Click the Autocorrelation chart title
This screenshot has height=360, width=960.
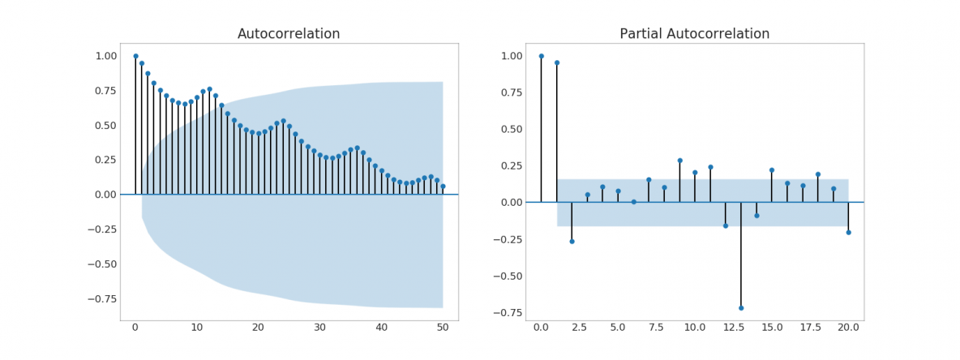pyautogui.click(x=289, y=34)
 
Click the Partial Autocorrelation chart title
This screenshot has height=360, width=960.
pyautogui.click(x=694, y=34)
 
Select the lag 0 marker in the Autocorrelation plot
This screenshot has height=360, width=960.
pyautogui.click(x=135, y=56)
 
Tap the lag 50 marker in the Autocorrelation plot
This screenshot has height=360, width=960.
pyautogui.click(x=443, y=186)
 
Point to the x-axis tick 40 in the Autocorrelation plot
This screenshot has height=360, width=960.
pyautogui.click(x=381, y=328)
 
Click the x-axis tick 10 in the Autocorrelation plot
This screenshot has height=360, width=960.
pyautogui.click(x=197, y=328)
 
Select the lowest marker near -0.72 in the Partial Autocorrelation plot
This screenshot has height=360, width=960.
pyautogui.click(x=740, y=308)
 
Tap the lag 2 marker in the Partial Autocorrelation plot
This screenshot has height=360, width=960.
pyautogui.click(x=572, y=242)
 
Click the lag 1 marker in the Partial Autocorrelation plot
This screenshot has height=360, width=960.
pyautogui.click(x=556, y=62)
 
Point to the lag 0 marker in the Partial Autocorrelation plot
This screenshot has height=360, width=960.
pyautogui.click(x=541, y=56)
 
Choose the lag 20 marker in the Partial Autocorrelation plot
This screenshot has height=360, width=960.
pyautogui.click(x=848, y=233)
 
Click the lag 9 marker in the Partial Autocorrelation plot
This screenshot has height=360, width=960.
pyautogui.click(x=679, y=161)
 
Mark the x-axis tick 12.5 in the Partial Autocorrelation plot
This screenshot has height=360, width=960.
pyautogui.click(x=733, y=328)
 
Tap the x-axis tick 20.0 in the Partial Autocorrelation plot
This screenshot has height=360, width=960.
pyautogui.click(x=848, y=328)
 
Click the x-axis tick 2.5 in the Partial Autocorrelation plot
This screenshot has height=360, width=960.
pyautogui.click(x=579, y=328)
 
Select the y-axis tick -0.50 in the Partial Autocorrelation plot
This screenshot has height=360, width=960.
pyautogui.click(x=508, y=276)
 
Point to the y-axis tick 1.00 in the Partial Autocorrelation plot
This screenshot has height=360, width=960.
pyautogui.click(x=511, y=56)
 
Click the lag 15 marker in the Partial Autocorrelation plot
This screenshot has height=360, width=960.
pyautogui.click(x=771, y=170)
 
